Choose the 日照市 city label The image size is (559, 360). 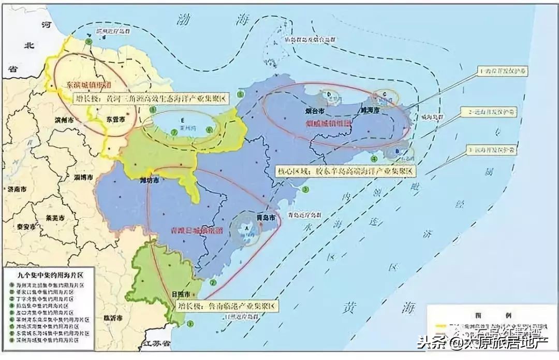coord(181,294)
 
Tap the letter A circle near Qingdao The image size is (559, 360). coord(247,227)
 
